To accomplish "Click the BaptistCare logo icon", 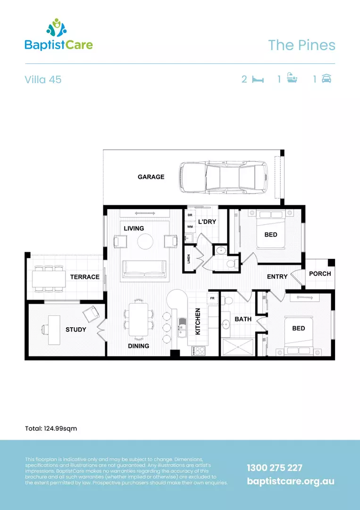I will point(57,28).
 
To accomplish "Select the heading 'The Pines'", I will point(301,45).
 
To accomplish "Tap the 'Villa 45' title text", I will point(43,79).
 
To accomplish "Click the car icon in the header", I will point(326,79).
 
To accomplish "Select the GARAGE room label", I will point(151,177).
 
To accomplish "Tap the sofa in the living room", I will point(144,269).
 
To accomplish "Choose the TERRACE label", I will point(85,277).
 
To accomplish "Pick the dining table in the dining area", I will point(138,319).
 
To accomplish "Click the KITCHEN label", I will point(198,322).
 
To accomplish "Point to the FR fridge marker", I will point(212,298).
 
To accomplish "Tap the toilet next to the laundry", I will point(232,263).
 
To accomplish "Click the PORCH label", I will point(320,273).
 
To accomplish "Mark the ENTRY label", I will point(277,277).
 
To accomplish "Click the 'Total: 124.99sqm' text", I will point(50,429).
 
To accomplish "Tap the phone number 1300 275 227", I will point(275,468).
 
